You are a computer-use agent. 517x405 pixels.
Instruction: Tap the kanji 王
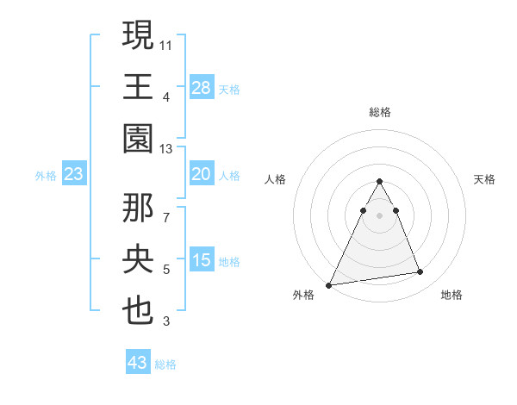(139, 87)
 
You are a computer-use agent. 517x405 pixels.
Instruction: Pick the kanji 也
(139, 312)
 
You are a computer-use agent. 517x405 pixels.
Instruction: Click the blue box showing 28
(202, 87)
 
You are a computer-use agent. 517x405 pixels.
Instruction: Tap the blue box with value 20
(202, 174)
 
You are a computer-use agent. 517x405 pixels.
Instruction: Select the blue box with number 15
(202, 260)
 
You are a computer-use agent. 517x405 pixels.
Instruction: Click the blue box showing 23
(74, 174)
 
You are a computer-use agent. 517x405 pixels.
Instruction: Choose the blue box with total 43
(138, 363)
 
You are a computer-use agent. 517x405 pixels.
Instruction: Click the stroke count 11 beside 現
(166, 43)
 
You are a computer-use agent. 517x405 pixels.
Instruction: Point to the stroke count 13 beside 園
(166, 150)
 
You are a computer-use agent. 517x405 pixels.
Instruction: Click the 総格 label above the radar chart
(379, 112)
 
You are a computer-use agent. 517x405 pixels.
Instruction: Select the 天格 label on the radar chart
(484, 179)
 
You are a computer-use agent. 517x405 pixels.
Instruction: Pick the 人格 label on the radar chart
(275, 179)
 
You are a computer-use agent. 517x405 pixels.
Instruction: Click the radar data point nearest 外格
(329, 284)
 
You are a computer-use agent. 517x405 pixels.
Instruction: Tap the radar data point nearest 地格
(420, 272)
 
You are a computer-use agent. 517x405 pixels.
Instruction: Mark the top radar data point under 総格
(379, 182)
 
